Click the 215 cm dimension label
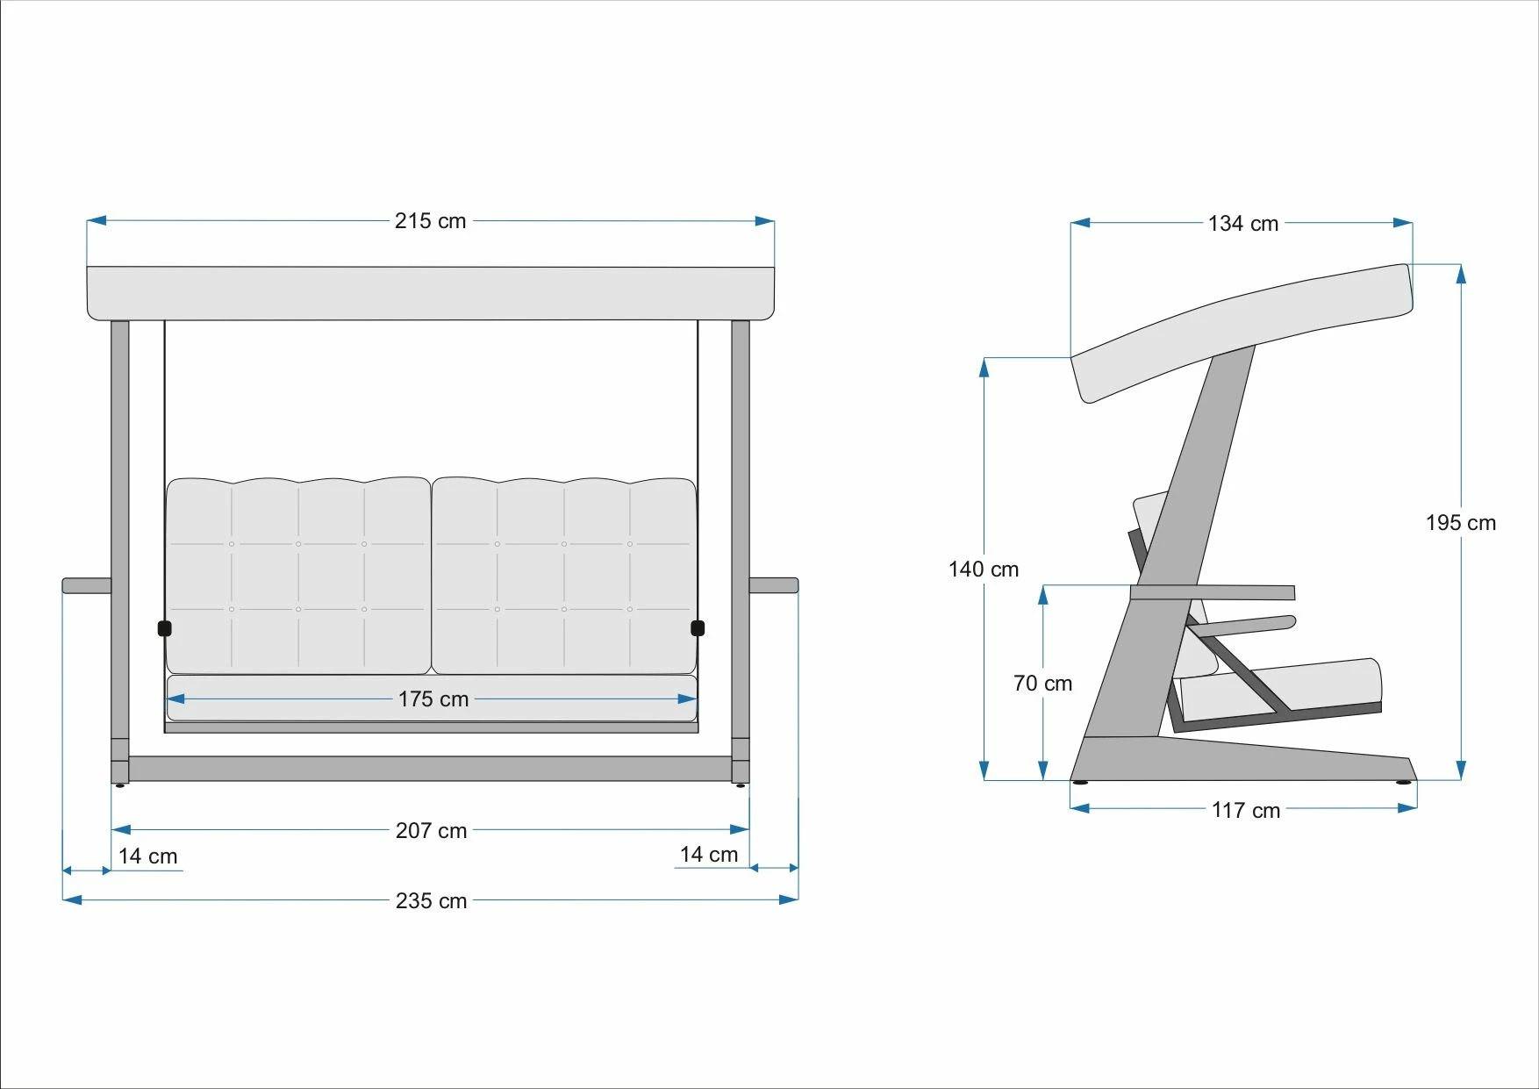pos(430,221)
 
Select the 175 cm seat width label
pos(433,699)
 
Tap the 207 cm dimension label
pos(431,830)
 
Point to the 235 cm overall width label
pos(431,900)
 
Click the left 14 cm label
pos(148,856)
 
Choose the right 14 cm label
pos(709,854)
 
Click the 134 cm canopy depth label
pos(1243,224)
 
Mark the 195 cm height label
pos(1461,523)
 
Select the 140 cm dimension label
pos(984,570)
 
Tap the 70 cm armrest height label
pos(1043,684)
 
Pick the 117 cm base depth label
pos(1246,810)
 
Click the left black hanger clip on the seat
pos(164,628)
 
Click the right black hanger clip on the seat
pos(698,627)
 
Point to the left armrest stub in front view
pos(87,585)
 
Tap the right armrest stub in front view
pos(774,585)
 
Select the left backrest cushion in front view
pos(298,576)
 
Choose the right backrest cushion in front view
pos(564,576)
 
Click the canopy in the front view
pos(431,293)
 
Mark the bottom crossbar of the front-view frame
pos(430,769)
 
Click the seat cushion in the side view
pos(1281,687)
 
